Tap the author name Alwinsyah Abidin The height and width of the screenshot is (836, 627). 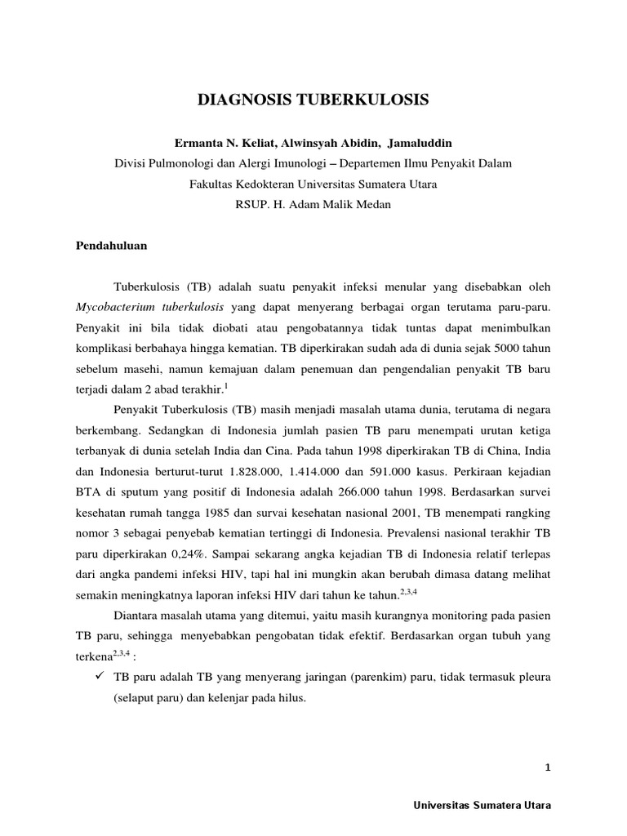[x=313, y=143]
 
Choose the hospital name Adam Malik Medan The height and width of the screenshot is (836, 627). [x=343, y=204]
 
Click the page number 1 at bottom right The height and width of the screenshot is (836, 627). [x=549, y=767]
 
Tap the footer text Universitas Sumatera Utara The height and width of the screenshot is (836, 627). [x=483, y=805]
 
